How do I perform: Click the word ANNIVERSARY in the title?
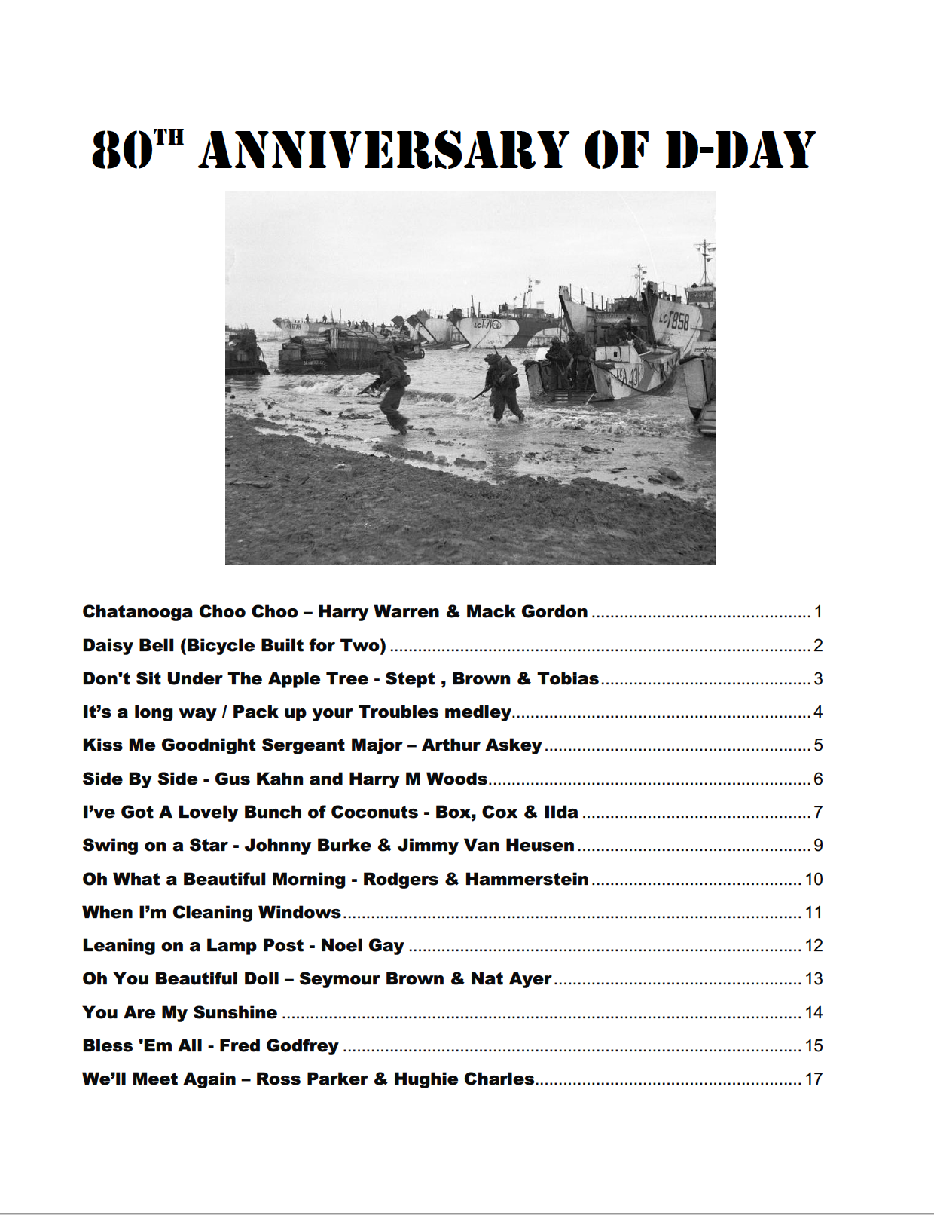tap(384, 149)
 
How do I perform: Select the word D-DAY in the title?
tap(740, 149)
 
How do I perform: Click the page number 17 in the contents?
tap(813, 1079)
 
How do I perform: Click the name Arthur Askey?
tap(481, 745)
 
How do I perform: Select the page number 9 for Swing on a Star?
tap(818, 845)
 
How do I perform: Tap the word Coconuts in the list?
tap(374, 812)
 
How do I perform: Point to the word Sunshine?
tap(235, 1012)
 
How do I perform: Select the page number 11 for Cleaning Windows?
tap(813, 912)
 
